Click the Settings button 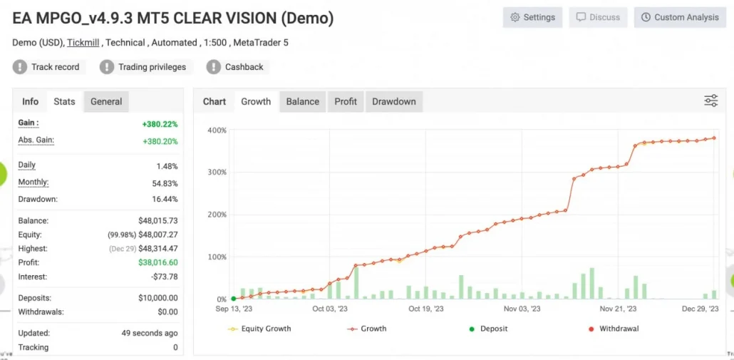point(532,17)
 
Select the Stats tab point(64,101)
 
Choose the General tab point(106,101)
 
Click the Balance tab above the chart point(302,101)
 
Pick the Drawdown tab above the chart point(393,101)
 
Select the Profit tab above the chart point(346,101)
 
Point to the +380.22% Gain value point(160,124)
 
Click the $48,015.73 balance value point(158,221)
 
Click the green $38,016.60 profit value point(158,262)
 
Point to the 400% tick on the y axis point(217,130)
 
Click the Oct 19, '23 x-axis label point(425,309)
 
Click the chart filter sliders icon point(710,101)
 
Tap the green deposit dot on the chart point(234,299)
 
